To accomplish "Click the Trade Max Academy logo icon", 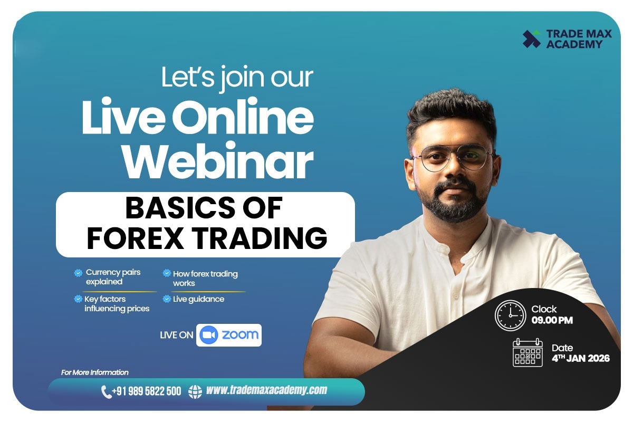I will (x=531, y=39).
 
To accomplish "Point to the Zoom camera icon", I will (x=209, y=335).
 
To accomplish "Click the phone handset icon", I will (x=106, y=391).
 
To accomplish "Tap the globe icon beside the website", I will (x=195, y=391).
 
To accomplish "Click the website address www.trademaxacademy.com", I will (x=266, y=390).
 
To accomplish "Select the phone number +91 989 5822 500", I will (x=147, y=391).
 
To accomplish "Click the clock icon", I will (x=510, y=315).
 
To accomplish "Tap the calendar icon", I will (x=527, y=353).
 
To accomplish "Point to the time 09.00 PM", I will (x=552, y=320).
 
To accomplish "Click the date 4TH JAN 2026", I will (x=580, y=359).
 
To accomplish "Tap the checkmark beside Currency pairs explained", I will (x=78, y=273).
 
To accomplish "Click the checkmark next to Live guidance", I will (x=167, y=299).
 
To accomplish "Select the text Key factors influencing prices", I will (x=117, y=304).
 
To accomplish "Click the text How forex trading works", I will (x=205, y=278).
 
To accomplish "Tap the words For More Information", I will (x=95, y=372).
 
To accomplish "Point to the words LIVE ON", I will (x=176, y=335).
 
